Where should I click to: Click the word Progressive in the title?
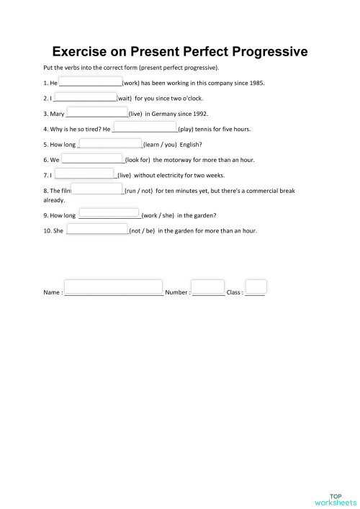(262, 52)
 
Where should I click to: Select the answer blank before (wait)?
(85, 97)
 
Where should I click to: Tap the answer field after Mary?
(96, 112)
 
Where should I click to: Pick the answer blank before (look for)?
(92, 158)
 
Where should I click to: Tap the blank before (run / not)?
(98, 189)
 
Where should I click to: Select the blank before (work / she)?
(109, 215)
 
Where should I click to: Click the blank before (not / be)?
(97, 230)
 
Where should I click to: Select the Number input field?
(208, 288)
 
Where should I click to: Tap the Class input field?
(256, 287)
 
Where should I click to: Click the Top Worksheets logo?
(336, 498)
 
